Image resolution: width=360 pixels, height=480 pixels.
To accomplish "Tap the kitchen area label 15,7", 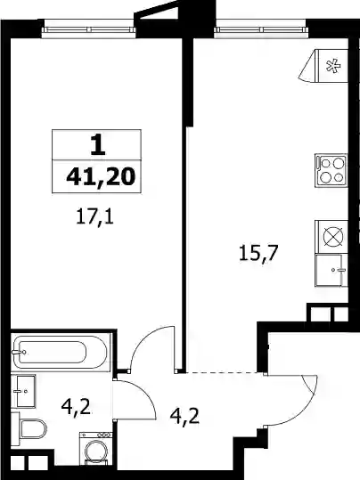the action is pos(258,254).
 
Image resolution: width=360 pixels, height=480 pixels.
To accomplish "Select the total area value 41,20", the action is pos(101,177).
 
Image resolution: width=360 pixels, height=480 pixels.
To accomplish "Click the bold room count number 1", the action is pos(98,145).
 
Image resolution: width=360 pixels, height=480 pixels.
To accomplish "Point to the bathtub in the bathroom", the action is pos(59,352).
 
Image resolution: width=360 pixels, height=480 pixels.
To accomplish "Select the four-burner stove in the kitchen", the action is pos(331,170).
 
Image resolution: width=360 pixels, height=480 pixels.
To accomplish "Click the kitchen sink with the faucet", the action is pos(331,271).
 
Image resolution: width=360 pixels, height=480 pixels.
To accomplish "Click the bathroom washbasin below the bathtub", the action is pos(23,391).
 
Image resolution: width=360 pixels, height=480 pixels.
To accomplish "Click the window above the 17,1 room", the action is pos(88,29).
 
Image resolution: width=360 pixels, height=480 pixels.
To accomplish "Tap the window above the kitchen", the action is pos(260,29).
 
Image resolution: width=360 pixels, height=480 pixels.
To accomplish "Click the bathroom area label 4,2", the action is pos(76,407).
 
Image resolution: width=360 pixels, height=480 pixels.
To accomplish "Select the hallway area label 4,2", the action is pos(184,416).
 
